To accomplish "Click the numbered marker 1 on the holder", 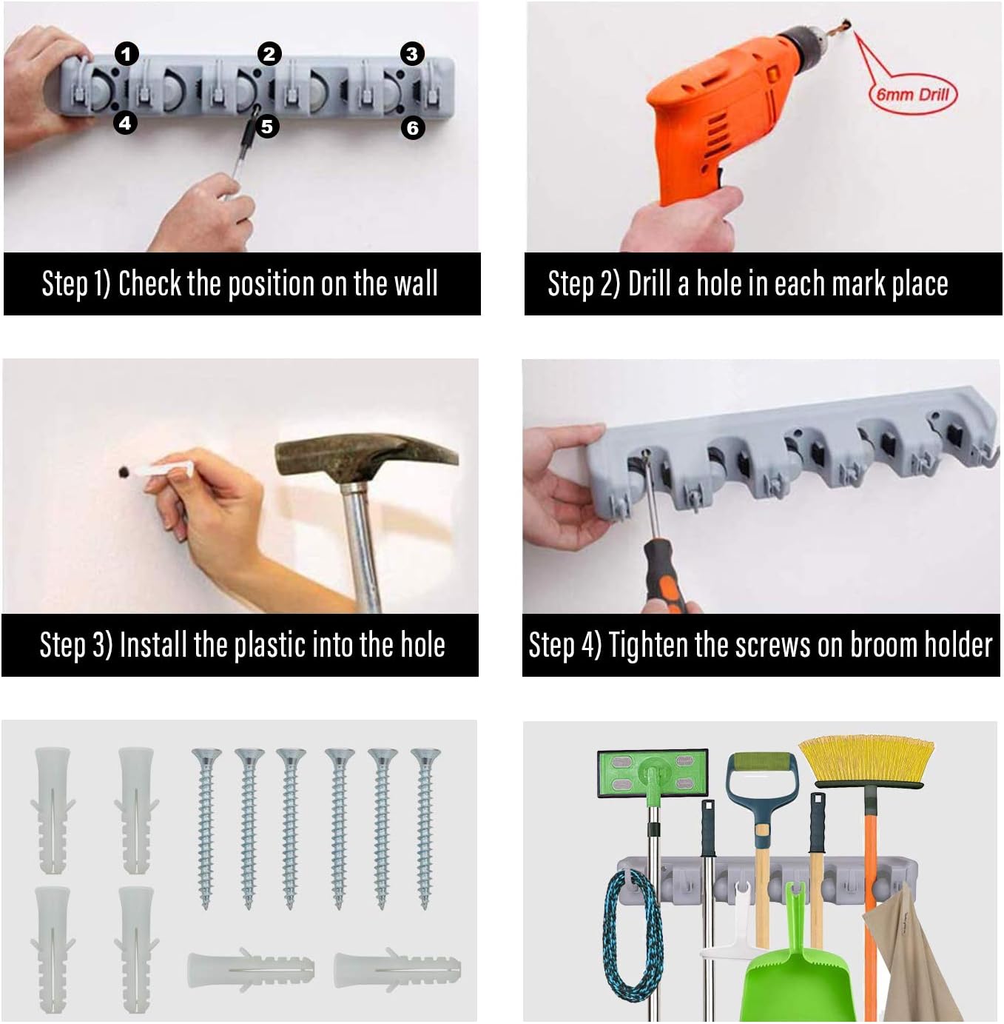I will [127, 53].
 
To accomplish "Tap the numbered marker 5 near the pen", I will [267, 127].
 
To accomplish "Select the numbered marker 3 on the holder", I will [412, 53].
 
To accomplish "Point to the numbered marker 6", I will [413, 127].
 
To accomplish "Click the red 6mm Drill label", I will [912, 94].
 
